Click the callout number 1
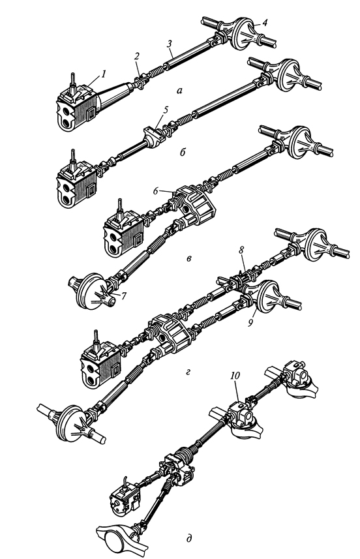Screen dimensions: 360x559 103,74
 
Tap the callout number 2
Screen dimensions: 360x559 137,56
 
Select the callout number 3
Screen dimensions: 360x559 170,44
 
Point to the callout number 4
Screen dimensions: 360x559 264,22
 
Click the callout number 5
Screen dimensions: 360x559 165,110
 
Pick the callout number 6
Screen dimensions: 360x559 156,190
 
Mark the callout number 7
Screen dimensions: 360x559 123,295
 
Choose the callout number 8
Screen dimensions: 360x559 241,250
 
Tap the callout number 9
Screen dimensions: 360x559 250,323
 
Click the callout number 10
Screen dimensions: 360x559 235,376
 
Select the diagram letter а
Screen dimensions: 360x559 179,91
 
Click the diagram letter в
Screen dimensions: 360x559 189,258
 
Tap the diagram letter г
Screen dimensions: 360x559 188,373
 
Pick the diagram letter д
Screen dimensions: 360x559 189,538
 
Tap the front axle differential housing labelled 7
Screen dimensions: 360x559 91,290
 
